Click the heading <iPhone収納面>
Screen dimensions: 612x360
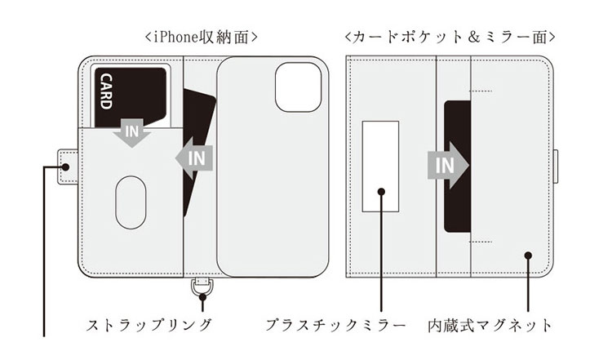(201, 38)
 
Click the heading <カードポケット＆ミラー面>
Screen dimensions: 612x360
(450, 37)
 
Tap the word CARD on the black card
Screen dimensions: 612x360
(106, 91)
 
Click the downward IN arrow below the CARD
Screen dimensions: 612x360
(132, 132)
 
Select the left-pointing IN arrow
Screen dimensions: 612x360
(194, 158)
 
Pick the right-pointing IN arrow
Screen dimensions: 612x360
(448, 166)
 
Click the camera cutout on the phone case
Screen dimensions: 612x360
(298, 87)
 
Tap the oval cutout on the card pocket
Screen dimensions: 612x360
(131, 202)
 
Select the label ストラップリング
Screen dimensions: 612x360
(149, 325)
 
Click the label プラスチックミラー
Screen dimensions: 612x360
(336, 325)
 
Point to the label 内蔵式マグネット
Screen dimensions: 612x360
(490, 325)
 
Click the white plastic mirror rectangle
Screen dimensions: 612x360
(380, 167)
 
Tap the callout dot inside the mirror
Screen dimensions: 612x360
(382, 191)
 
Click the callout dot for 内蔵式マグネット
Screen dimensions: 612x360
(528, 256)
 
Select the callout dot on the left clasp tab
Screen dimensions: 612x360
(65, 167)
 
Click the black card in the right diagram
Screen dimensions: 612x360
(458, 167)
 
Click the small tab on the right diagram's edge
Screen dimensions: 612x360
(556, 167)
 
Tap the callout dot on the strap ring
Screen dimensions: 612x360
(202, 297)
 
